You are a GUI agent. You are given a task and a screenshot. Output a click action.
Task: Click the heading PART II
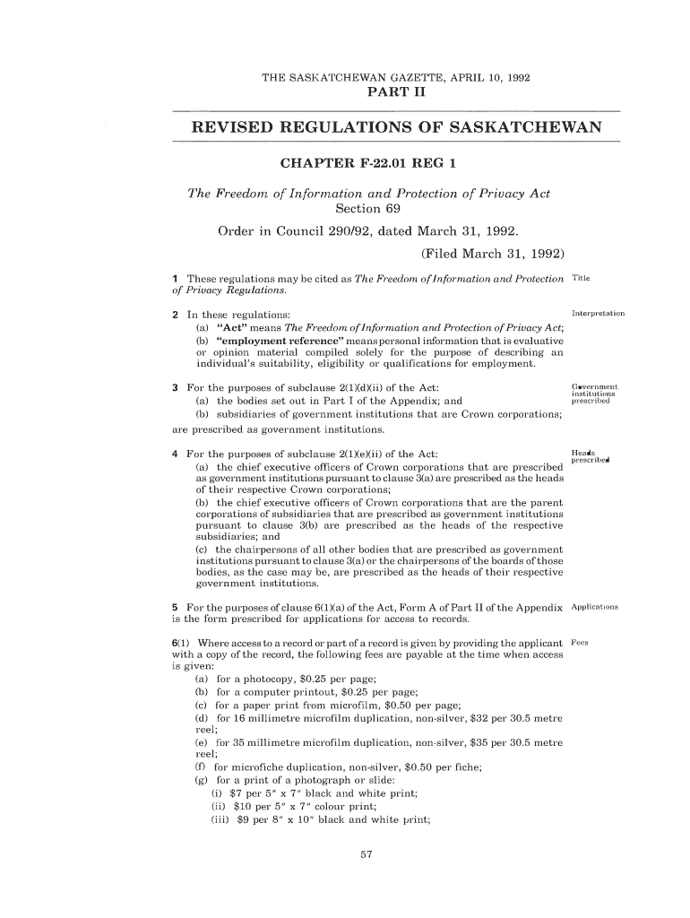tap(394, 93)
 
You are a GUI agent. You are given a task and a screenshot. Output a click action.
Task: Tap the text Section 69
tap(367, 210)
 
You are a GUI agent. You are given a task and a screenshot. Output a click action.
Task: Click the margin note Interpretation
tap(597, 314)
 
